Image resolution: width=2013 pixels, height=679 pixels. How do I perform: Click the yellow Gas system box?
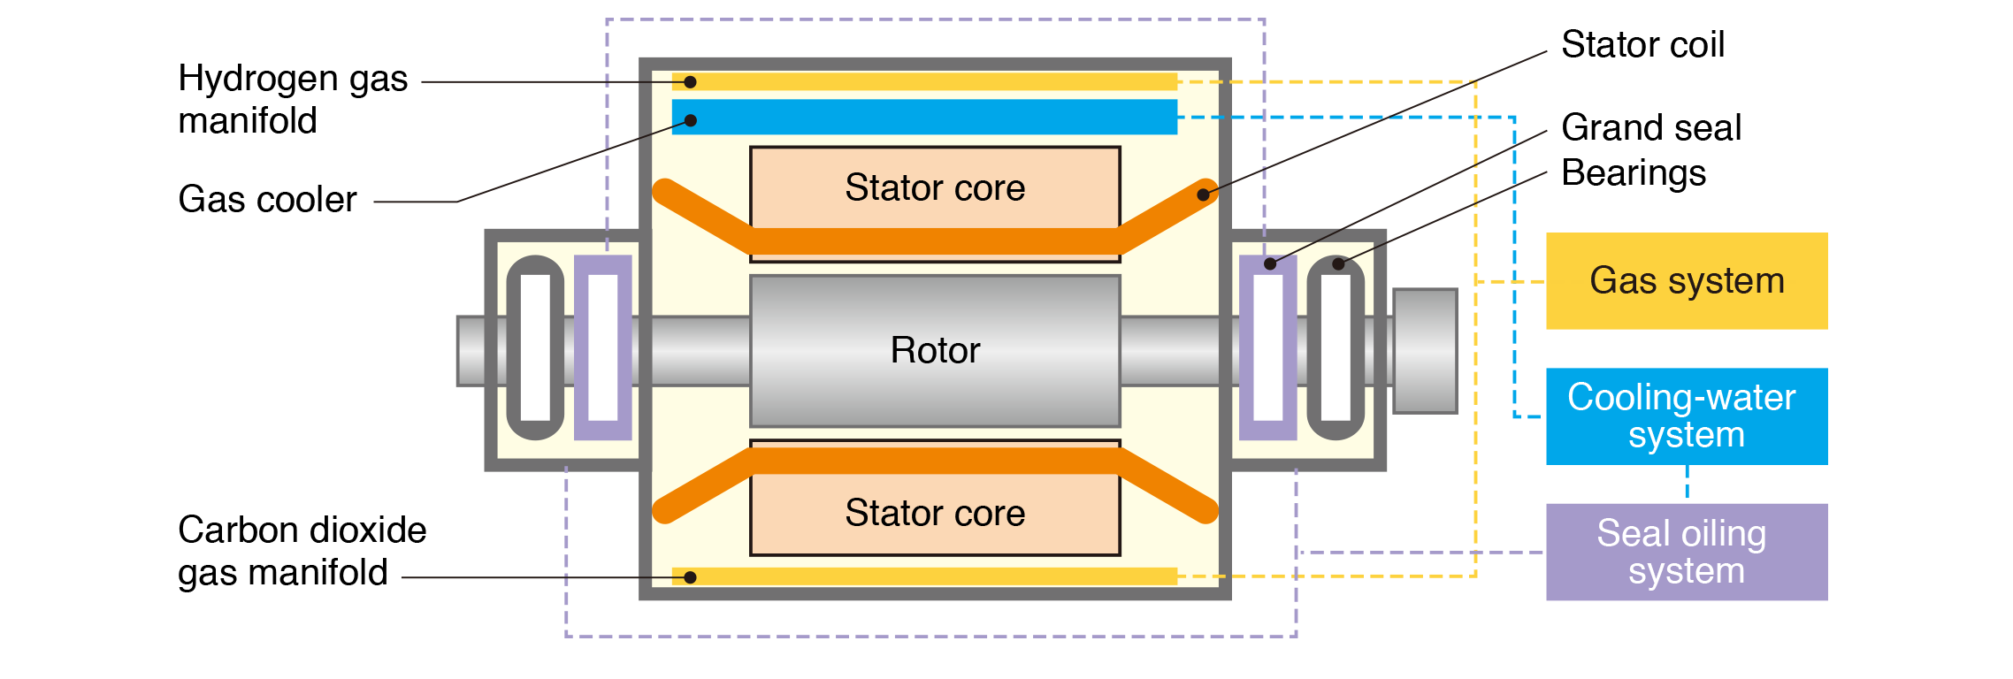(1687, 281)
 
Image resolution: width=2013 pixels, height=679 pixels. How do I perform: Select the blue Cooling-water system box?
(1687, 416)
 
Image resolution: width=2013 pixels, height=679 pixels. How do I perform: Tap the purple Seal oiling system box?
(1687, 553)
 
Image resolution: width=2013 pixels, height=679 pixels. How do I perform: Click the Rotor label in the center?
(935, 350)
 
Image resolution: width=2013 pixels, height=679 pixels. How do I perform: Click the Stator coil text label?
(1642, 45)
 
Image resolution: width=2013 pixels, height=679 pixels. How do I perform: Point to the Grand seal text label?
(1651, 128)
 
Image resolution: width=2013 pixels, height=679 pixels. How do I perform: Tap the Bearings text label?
(1634, 173)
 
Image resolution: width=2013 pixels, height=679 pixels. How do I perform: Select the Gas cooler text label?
(267, 200)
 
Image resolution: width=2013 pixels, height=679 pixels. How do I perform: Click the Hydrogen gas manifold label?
(293, 99)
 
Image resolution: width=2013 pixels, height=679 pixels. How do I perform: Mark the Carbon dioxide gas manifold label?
(302, 551)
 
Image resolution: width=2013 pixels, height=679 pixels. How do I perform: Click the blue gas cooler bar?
(924, 117)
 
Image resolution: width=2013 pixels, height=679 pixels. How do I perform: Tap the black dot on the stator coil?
(1203, 195)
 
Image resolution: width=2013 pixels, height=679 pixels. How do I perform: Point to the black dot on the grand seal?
(1270, 263)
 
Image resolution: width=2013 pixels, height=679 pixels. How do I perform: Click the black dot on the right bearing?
(1338, 263)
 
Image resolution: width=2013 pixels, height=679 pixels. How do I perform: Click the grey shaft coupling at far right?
(1425, 350)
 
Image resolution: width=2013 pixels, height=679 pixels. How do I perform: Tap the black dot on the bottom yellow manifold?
(691, 577)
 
